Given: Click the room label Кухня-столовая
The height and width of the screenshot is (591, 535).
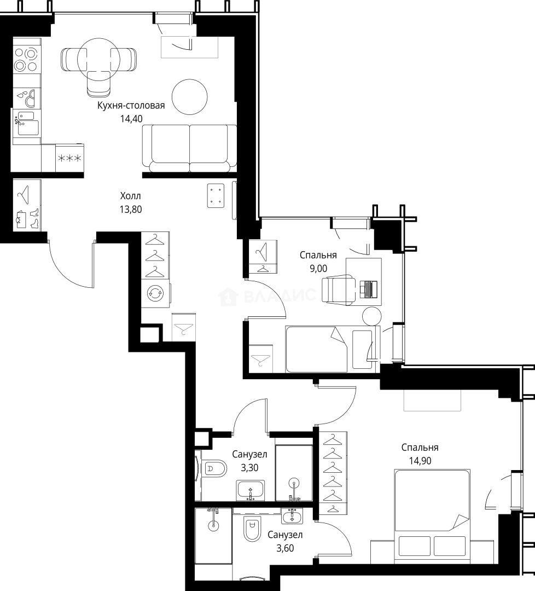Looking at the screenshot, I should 131,106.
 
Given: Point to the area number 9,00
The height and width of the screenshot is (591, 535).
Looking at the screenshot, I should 318,268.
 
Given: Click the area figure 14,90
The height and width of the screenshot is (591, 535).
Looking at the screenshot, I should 420,460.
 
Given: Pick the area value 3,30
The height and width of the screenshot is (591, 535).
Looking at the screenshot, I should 249,467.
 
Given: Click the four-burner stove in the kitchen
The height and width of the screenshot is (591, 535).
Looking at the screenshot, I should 26,60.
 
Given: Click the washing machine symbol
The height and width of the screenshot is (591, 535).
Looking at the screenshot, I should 155,293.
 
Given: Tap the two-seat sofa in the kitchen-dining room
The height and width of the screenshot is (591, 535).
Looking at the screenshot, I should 189,147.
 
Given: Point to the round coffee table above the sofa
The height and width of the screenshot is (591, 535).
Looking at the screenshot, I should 190,96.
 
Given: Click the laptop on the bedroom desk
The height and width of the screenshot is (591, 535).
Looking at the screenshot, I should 369,288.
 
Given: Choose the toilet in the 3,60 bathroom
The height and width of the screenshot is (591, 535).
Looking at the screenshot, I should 252,528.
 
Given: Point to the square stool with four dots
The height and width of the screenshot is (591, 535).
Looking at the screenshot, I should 217,195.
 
